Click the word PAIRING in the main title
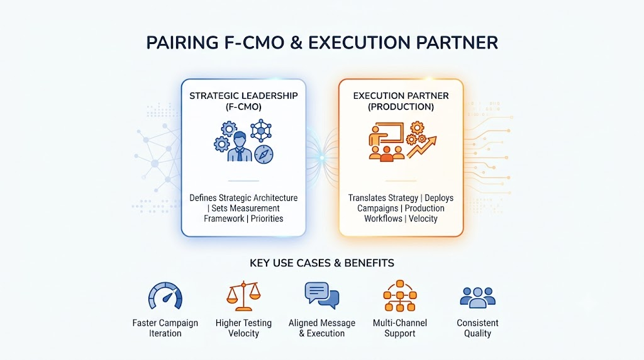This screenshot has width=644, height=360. [182, 43]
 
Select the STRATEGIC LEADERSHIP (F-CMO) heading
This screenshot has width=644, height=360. [243, 101]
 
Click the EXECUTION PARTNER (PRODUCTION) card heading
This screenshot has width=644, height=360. [401, 101]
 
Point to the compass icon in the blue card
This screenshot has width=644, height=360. [264, 155]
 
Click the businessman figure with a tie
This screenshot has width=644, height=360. [240, 147]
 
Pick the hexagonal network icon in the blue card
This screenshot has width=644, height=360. [261, 131]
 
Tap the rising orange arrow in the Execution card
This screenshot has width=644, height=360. [422, 147]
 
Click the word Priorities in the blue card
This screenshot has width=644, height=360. [267, 218]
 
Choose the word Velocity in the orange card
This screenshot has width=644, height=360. [423, 218]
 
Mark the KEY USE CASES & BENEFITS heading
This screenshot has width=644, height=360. [322, 263]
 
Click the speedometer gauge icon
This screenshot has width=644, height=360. [165, 296]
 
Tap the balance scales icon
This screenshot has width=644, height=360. [243, 296]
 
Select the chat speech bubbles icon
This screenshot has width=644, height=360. [322, 295]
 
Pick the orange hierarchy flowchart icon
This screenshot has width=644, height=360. [400, 296]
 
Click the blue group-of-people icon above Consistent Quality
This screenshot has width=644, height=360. [478, 297]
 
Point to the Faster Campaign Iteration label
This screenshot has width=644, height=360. [165, 328]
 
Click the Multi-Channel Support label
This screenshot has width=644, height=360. [400, 328]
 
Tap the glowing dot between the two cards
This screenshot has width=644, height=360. [323, 158]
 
